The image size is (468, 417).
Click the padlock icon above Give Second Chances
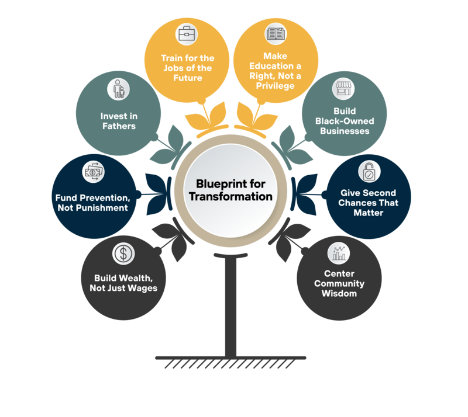pos(369,171)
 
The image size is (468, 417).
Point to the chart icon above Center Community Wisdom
pos(339,253)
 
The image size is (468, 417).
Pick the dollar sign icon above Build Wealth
pos(123,253)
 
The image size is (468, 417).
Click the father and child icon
pos(118,89)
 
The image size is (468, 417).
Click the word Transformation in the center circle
pos(230,196)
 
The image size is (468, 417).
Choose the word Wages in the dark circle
pos(143,288)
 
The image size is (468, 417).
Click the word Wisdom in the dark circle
pos(339,293)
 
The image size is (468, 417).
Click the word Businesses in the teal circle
pos(344,131)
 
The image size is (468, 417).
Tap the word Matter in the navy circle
pos(368,213)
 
